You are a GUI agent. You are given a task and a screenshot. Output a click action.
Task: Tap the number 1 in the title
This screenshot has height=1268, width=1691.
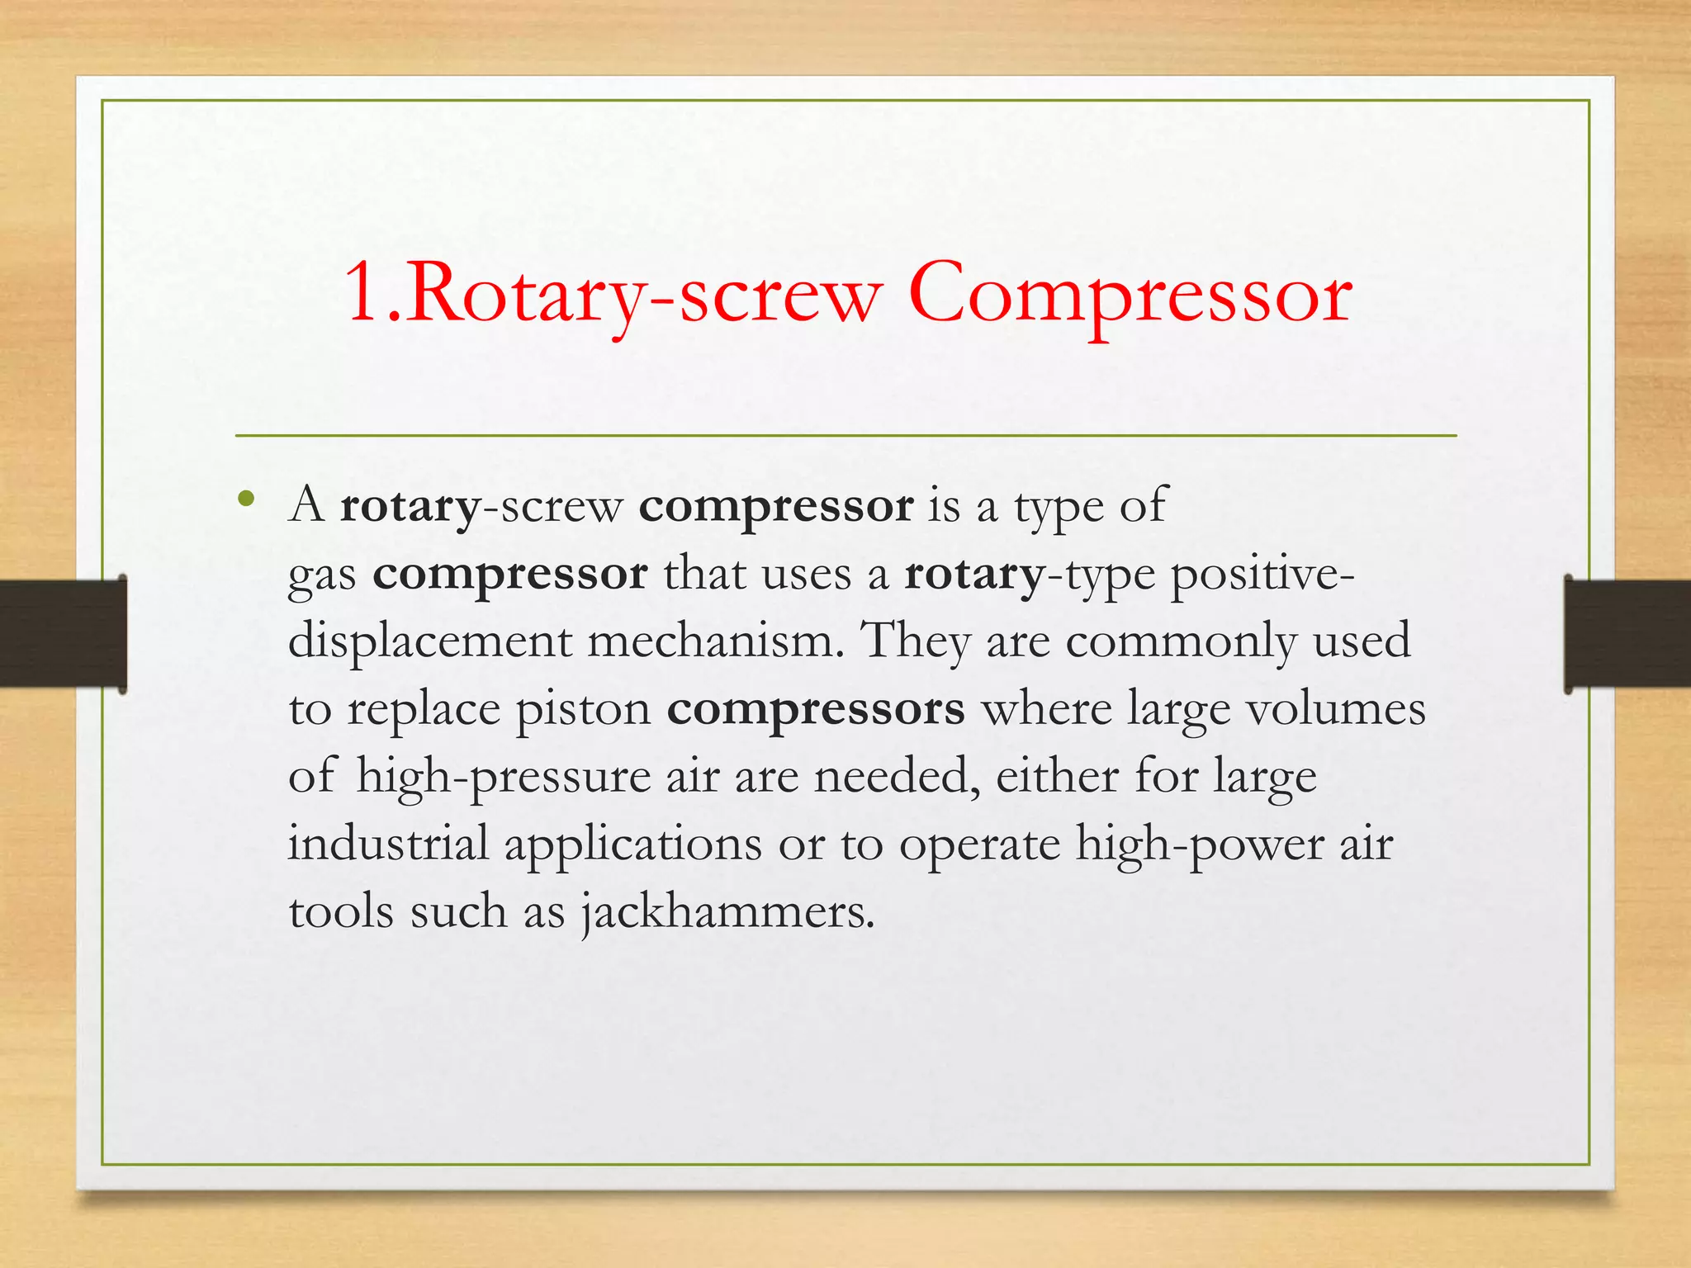pyautogui.click(x=363, y=293)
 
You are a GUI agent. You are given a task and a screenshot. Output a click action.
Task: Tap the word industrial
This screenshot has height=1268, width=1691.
pyautogui.click(x=388, y=845)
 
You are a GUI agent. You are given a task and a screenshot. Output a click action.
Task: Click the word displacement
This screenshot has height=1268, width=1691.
pyautogui.click(x=429, y=641)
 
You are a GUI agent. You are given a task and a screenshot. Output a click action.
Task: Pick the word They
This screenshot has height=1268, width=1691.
pyautogui.click(x=915, y=641)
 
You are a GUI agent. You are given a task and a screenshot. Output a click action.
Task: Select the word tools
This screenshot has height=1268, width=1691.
pyautogui.click(x=341, y=912)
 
